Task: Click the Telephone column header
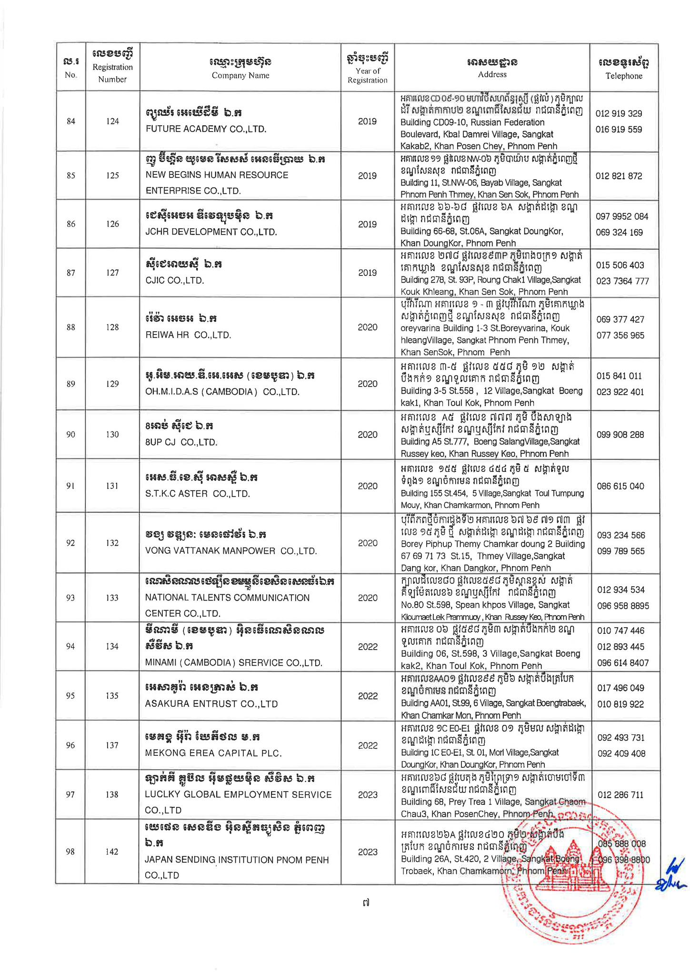624,68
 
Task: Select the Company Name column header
240,68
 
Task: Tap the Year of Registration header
367,68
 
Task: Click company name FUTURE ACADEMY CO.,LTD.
206,129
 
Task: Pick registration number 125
112,175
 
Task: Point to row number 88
71,327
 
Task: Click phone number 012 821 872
619,176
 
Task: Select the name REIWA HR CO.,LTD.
188,335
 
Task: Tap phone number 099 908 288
620,435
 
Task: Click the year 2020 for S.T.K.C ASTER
367,486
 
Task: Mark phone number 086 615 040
620,486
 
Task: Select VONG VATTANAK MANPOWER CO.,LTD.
231,551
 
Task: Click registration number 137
112,745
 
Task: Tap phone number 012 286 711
620,794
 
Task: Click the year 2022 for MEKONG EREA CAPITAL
368,745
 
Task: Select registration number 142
112,852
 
